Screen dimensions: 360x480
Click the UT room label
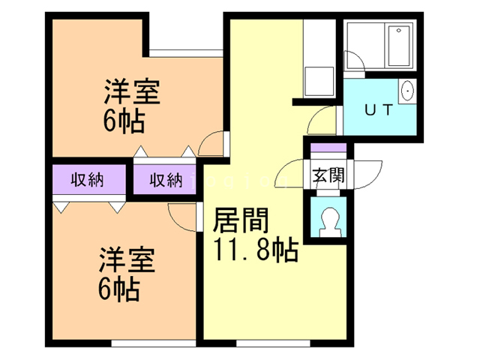tap(378, 109)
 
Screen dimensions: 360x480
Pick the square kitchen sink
tap(319, 80)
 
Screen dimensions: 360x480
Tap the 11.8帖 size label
tap(256, 249)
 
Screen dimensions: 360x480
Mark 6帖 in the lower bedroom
tap(119, 289)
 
